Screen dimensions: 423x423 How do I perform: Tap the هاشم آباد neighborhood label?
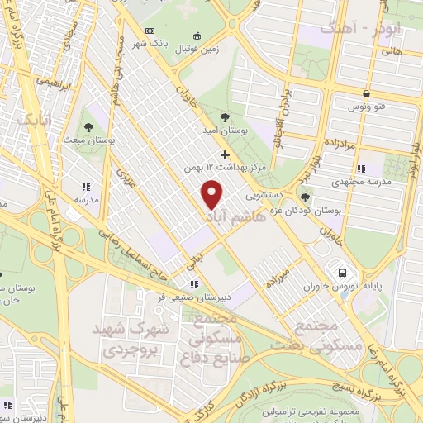[x=230, y=216]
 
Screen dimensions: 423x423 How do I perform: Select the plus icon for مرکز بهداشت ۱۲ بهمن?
[x=225, y=154]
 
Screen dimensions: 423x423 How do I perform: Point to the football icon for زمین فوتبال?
[x=197, y=36]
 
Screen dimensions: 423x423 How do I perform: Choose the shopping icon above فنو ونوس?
[x=366, y=93]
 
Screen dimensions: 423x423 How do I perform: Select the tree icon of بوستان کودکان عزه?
[x=306, y=198]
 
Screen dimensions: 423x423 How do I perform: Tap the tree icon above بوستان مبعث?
[x=88, y=127]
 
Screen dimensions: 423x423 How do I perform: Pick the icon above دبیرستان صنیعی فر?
[x=195, y=285]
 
